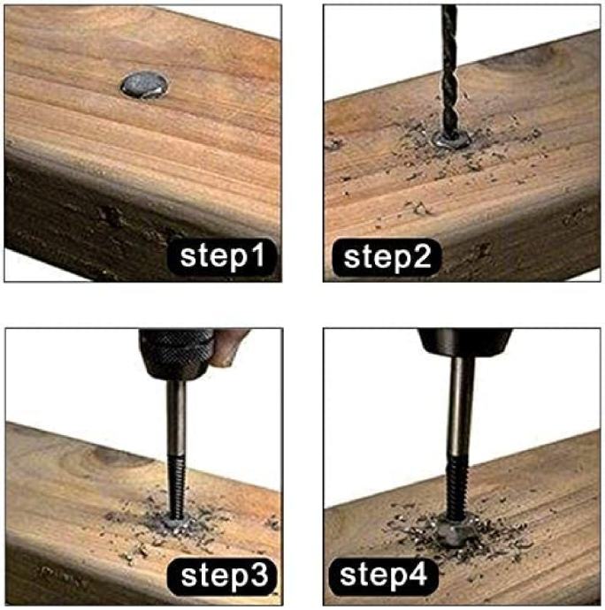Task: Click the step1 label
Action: (x=222, y=257)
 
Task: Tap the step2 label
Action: (x=387, y=257)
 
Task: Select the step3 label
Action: (x=222, y=576)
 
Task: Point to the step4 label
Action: (x=383, y=576)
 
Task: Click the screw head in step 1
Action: (x=145, y=84)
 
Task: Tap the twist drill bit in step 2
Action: (x=449, y=70)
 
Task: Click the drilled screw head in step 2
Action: (x=452, y=140)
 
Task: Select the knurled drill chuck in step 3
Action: (x=176, y=355)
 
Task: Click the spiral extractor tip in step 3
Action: (x=177, y=487)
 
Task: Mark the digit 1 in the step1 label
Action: (x=257, y=255)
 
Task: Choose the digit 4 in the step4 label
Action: (x=417, y=574)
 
